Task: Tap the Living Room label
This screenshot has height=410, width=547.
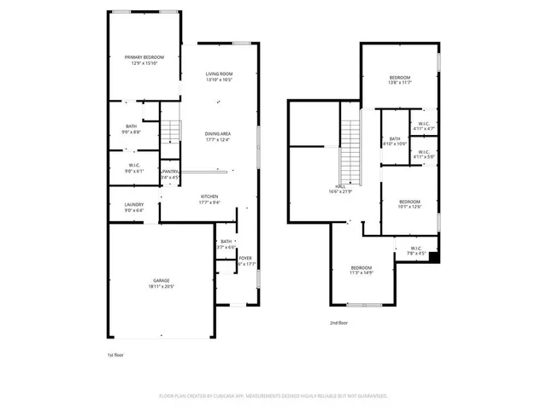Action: click(219, 78)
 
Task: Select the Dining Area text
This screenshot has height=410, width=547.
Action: click(217, 137)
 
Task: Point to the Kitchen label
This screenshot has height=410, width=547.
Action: click(209, 199)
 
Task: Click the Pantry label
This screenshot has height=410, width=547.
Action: click(170, 174)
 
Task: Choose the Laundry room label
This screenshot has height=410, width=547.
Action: click(133, 207)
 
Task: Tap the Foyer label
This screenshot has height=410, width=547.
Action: click(245, 261)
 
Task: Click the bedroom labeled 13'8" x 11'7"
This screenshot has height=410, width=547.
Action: click(400, 80)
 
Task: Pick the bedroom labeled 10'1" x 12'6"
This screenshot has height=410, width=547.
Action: click(410, 203)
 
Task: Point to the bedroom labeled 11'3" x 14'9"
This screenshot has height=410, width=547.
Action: click(361, 270)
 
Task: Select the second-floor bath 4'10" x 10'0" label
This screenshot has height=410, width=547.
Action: click(395, 142)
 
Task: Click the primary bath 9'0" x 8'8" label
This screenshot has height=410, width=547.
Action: click(131, 129)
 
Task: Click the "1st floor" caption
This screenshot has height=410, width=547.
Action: click(115, 354)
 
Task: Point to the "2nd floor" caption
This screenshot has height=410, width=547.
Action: click(339, 323)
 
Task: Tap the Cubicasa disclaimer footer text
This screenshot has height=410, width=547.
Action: click(273, 395)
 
